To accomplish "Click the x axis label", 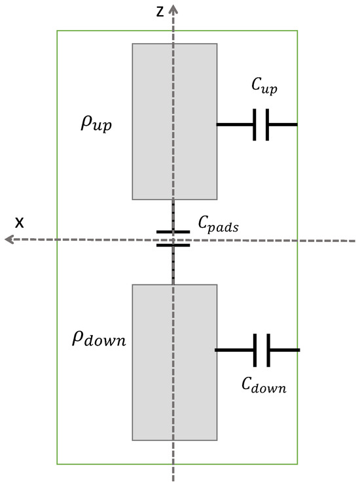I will pos(20,222).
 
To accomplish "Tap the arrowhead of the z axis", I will pos(173,8).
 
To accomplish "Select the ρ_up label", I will pos(96,124).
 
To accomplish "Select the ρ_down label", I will pos(99,340).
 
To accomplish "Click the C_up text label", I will pos(264,86).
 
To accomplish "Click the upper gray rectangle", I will pos(175,121).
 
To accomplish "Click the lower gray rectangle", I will pos(175,362).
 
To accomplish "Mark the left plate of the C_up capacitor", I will pos(255,124).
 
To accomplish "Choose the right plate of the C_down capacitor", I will pos(268,350).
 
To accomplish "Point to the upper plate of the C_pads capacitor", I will pos(173,232).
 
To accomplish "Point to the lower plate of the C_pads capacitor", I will pos(173,245).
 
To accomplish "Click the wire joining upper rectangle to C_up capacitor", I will pos(236,124).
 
